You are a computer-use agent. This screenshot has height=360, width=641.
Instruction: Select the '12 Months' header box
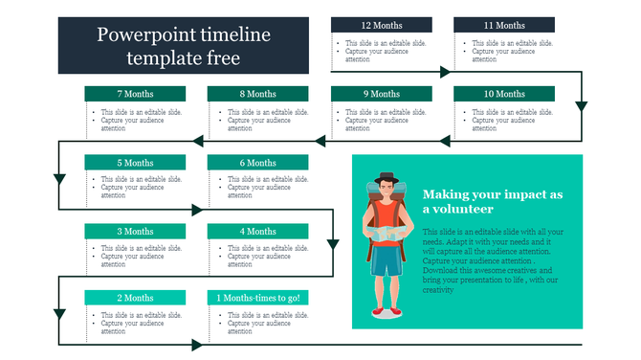(381, 25)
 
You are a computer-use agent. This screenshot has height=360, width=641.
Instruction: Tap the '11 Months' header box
(503, 25)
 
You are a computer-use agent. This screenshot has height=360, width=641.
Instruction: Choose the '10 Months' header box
(503, 94)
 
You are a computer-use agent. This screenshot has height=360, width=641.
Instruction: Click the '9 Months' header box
(381, 94)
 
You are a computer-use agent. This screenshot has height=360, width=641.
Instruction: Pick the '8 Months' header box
(257, 94)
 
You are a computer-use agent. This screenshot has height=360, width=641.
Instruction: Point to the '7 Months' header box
(135, 94)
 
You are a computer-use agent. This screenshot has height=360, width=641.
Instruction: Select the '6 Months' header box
(257, 163)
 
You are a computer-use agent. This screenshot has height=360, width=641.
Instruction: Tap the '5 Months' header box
(135, 163)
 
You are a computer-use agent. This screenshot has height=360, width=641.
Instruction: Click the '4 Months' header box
(257, 231)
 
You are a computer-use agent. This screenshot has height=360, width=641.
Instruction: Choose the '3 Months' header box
(135, 231)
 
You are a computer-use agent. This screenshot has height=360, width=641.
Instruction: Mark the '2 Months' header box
(135, 298)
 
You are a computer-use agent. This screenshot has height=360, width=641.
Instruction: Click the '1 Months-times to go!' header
(257, 298)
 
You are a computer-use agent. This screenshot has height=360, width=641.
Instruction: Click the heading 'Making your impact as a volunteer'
(492, 201)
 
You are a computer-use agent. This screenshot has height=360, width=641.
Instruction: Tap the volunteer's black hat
(386, 179)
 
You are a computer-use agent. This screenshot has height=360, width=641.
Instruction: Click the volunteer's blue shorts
(387, 261)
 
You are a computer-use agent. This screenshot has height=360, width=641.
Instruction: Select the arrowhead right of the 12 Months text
(445, 72)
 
